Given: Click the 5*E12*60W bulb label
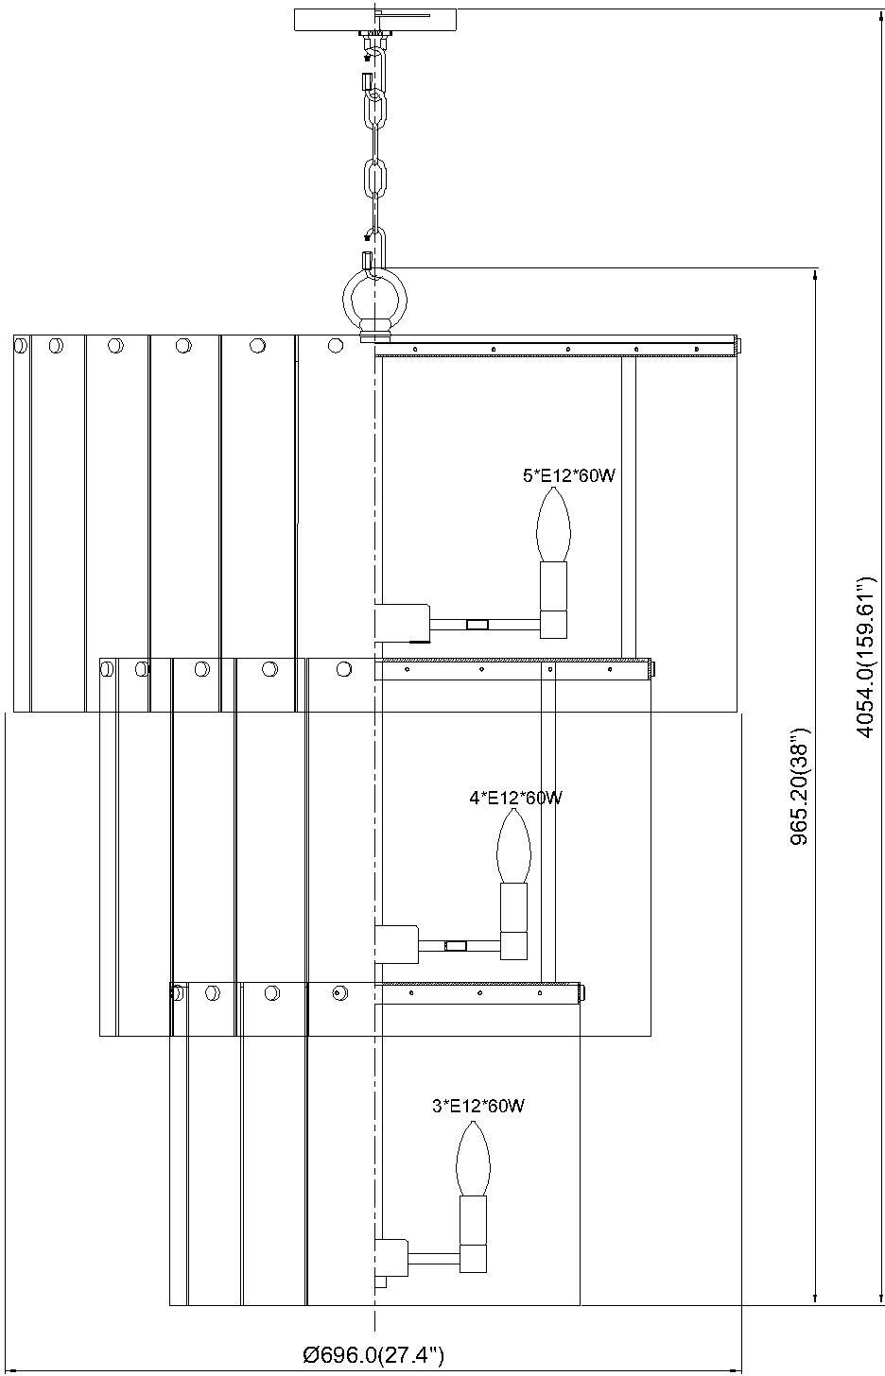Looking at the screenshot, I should [x=569, y=476].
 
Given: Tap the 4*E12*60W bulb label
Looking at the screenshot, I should [x=516, y=798].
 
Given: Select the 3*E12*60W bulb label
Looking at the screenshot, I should [x=478, y=1106].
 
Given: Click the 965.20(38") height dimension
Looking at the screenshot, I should [x=800, y=788].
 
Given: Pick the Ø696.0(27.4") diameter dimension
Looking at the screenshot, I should [x=373, y=1356].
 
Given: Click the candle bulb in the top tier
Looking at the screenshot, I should [x=553, y=525].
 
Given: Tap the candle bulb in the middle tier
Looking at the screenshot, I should [x=512, y=847].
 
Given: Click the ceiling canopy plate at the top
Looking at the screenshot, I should [x=375, y=20].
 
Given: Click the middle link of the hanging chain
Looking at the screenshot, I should [x=375, y=178].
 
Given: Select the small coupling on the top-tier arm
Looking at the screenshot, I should [x=478, y=624].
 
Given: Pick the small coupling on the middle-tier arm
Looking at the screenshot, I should [x=456, y=945].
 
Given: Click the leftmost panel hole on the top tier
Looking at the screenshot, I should [x=20, y=347].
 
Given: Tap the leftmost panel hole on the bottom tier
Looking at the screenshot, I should [x=177, y=993].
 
